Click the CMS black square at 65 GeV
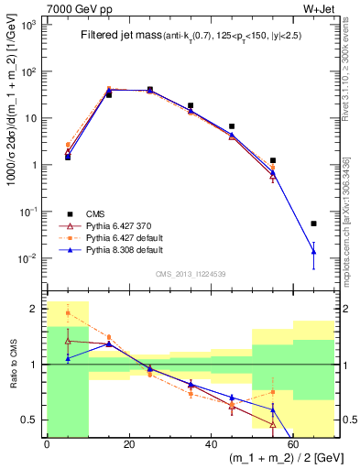click(313, 224)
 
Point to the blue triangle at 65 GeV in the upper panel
click(313, 251)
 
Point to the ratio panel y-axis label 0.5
click(32, 420)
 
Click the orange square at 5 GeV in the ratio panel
click(67, 313)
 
